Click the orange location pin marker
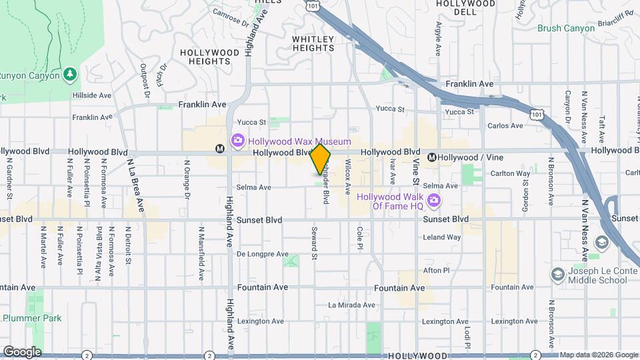[x=321, y=159]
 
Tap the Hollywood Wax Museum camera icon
[x=237, y=141]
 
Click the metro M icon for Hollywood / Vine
[x=432, y=157]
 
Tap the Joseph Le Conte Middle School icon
[x=557, y=274]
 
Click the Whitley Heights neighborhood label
[x=313, y=43]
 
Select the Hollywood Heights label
[x=209, y=57]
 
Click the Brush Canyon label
[x=565, y=28]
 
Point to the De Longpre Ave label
[x=263, y=254]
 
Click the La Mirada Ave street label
[x=351, y=305]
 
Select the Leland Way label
[x=441, y=237]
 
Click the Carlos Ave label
[x=505, y=125]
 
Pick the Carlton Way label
[x=514, y=173]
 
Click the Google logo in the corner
[x=21, y=352]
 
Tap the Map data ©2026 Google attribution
[x=598, y=355]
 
